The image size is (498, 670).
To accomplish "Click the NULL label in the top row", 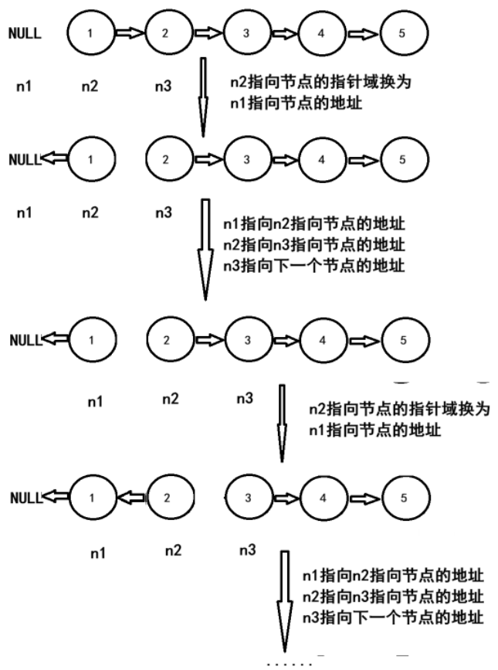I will (25, 34).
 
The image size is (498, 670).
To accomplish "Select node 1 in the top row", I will (90, 33).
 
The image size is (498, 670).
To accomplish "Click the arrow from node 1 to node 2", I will (130, 33).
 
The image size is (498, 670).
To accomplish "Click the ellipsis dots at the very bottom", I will (290, 663).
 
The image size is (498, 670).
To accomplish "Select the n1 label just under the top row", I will (24, 85).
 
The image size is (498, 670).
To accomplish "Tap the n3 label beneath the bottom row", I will (247, 550).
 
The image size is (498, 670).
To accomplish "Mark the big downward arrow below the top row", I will (203, 97).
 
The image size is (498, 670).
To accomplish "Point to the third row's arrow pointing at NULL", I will (56, 339).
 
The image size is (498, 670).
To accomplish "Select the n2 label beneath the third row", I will (170, 399).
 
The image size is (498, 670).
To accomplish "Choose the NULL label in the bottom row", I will (25, 498).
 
